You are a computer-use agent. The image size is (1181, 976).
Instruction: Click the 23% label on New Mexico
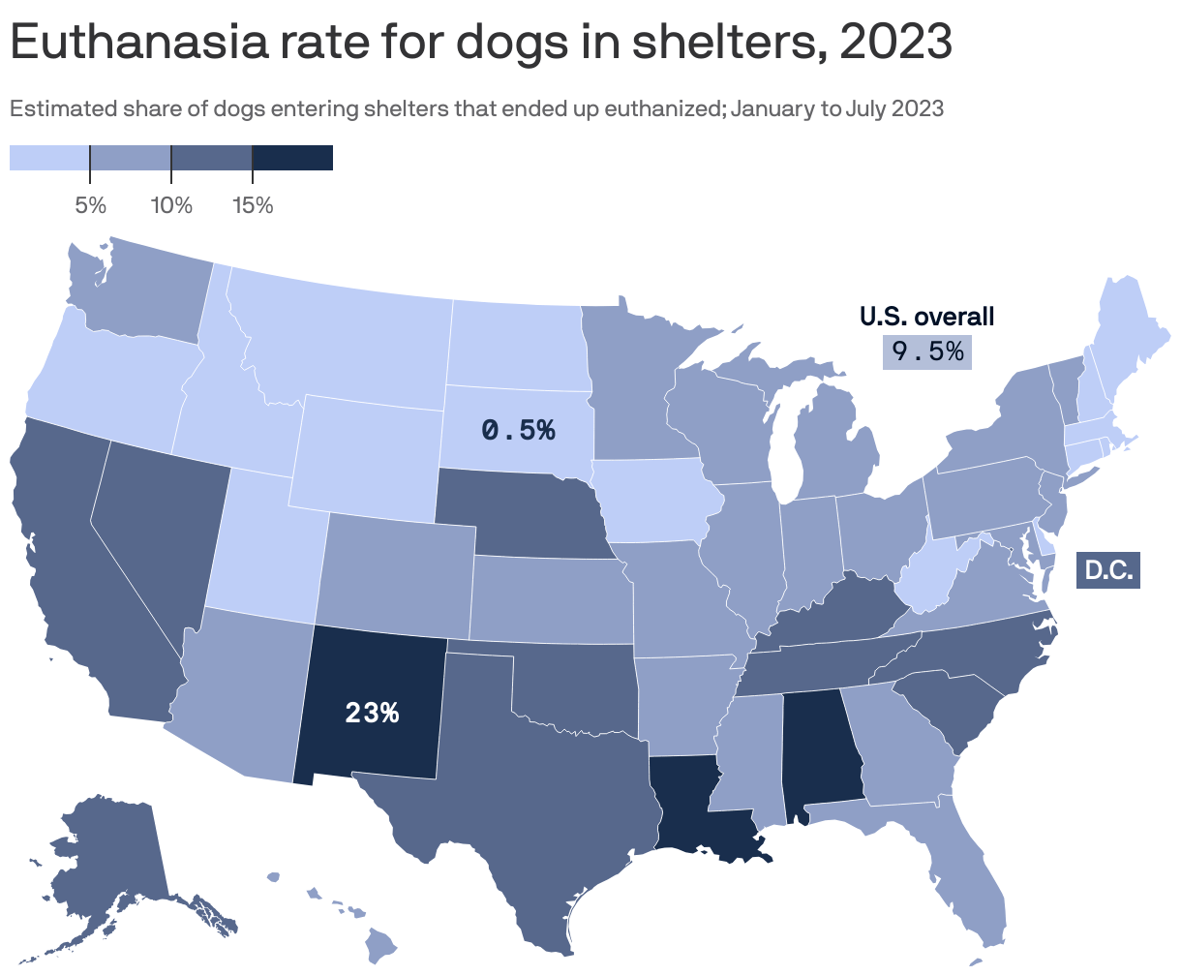click(x=372, y=713)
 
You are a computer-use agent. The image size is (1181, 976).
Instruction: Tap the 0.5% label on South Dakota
click(x=518, y=429)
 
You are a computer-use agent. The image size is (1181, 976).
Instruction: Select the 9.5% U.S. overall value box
click(x=926, y=351)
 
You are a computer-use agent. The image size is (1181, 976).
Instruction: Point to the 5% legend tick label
click(x=90, y=205)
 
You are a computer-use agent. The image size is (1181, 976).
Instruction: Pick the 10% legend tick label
click(x=171, y=205)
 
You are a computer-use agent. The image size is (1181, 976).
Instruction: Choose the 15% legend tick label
click(x=253, y=205)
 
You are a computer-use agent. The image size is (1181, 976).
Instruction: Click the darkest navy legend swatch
click(x=292, y=158)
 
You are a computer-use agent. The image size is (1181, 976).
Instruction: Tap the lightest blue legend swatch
click(x=49, y=158)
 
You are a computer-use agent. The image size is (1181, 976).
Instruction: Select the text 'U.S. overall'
click(x=926, y=316)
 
